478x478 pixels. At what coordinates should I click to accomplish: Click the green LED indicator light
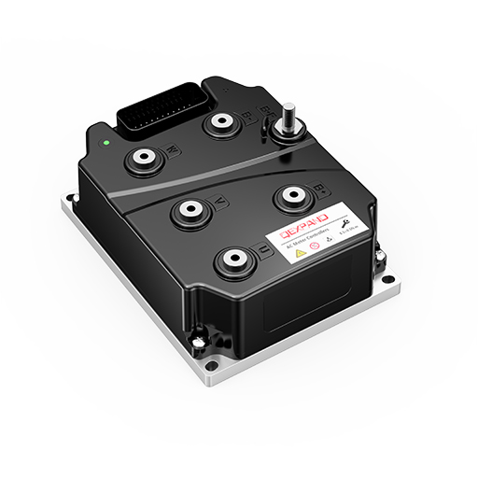[x=108, y=144]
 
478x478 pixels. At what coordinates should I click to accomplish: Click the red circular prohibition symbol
[x=315, y=246]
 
